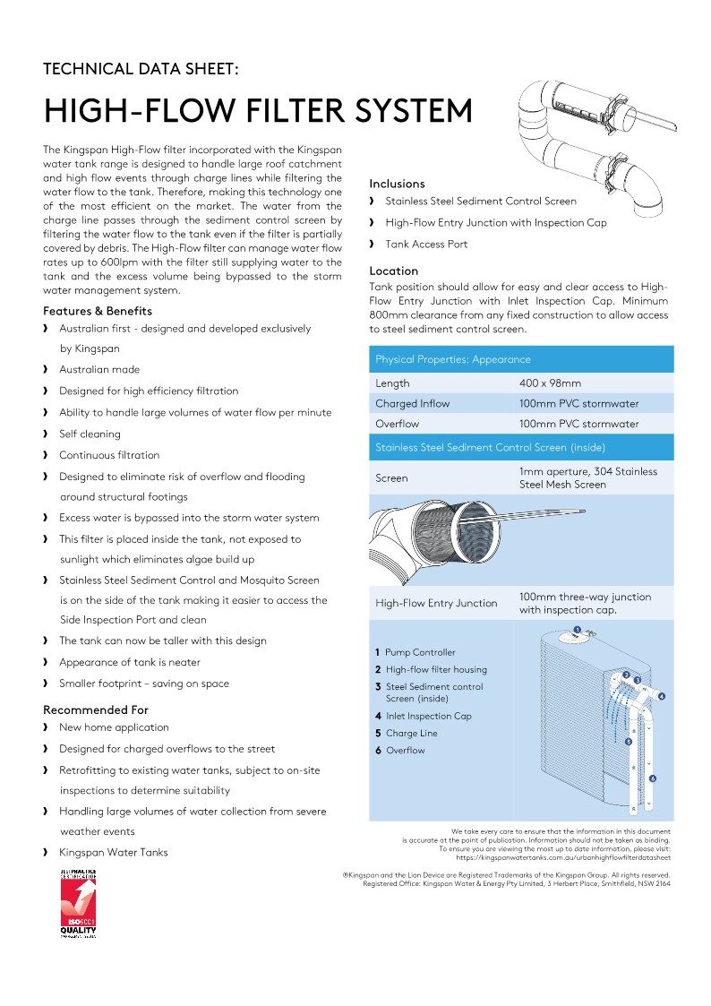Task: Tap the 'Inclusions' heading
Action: (x=397, y=184)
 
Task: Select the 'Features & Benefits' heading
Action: (x=98, y=311)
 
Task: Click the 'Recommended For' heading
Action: (x=96, y=709)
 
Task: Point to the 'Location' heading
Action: (x=394, y=271)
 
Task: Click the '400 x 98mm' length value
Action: (x=550, y=383)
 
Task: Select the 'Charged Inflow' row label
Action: (x=413, y=403)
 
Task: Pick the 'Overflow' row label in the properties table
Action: (x=398, y=424)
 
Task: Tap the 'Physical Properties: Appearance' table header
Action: (x=453, y=359)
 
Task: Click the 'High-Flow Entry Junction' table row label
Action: (x=436, y=603)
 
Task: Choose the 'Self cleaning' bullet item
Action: (x=90, y=434)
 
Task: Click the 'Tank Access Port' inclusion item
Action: (x=426, y=244)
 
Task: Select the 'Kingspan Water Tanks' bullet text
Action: (x=114, y=852)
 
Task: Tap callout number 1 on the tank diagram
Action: (x=578, y=631)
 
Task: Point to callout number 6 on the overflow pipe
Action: (x=653, y=778)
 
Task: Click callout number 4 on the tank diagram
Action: (x=661, y=696)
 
